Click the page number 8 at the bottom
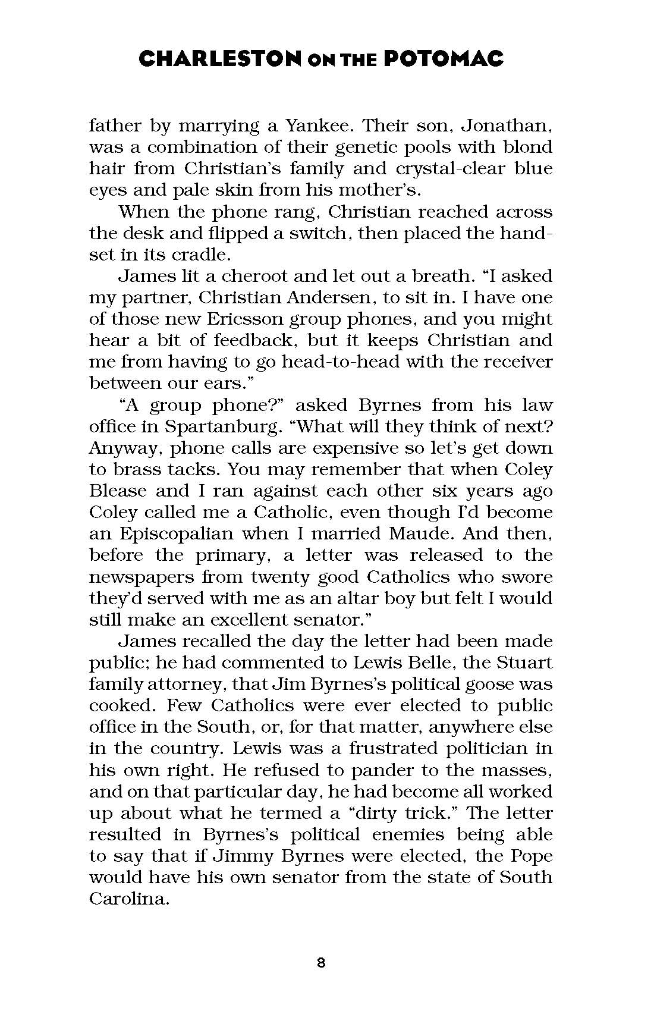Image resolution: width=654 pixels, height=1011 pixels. point(321,963)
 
